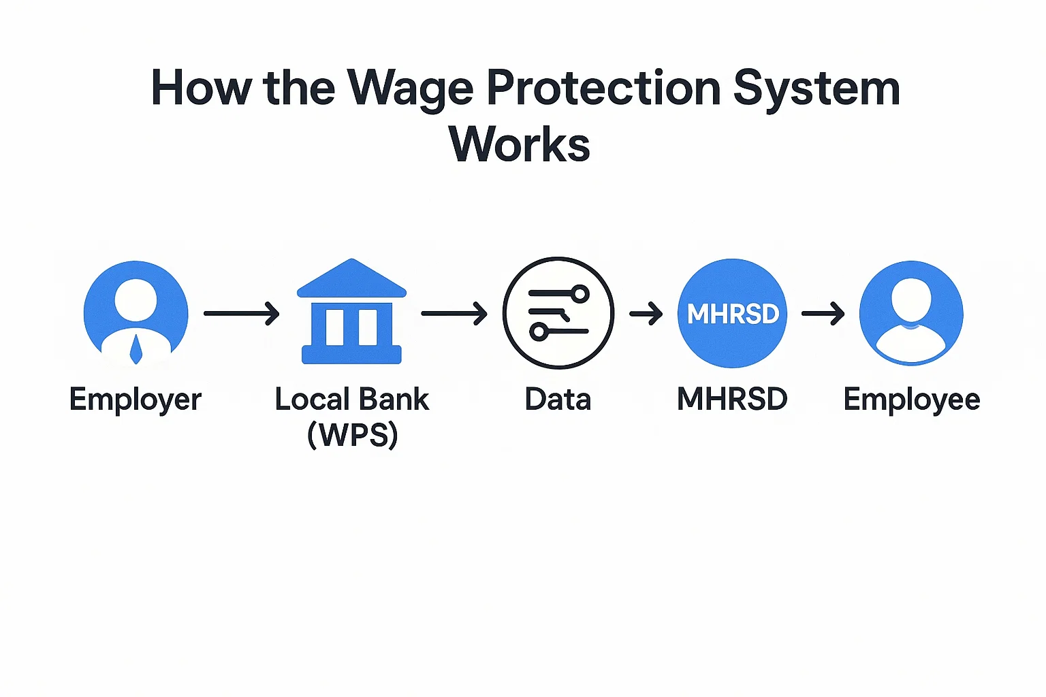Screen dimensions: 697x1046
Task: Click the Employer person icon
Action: [x=136, y=312]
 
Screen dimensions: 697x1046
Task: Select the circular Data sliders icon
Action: [x=558, y=313]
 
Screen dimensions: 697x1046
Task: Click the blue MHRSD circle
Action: [x=732, y=313]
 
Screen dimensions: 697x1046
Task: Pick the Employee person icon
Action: [x=911, y=313]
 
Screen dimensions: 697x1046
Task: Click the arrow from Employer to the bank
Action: [x=242, y=313]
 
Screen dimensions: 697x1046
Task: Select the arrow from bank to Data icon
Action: [x=454, y=313]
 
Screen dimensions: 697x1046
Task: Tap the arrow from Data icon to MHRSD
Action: [x=646, y=313]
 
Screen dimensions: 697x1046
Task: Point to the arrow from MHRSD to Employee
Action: [x=823, y=313]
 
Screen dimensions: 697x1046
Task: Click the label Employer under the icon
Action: [x=136, y=400]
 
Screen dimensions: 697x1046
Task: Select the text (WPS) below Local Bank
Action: [x=352, y=434]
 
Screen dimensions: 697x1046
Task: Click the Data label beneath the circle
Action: [x=558, y=400]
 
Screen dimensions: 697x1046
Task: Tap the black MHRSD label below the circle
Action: [x=732, y=400]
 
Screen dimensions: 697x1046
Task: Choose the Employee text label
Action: [x=911, y=400]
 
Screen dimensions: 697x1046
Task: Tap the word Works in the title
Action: [x=519, y=144]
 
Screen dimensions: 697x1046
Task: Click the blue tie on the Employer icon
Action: [x=136, y=349]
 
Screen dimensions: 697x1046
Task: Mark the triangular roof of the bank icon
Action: [x=351, y=278]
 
